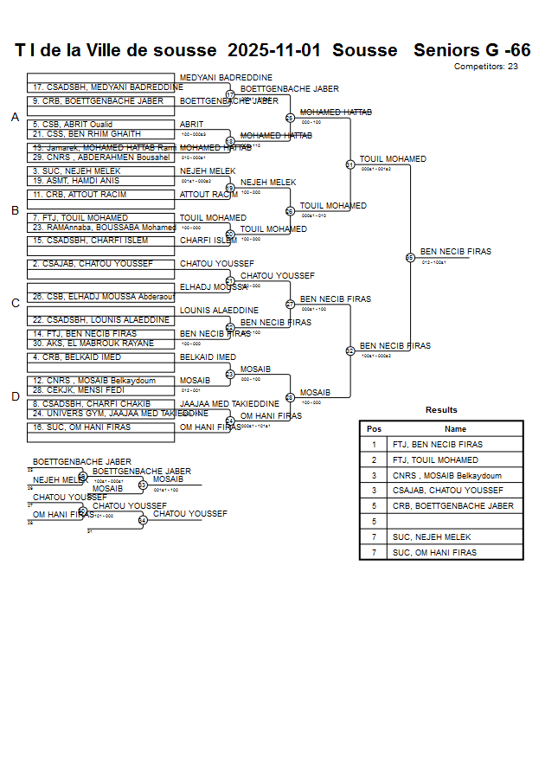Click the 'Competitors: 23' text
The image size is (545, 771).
[x=486, y=67]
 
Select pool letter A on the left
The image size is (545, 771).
[x=15, y=118]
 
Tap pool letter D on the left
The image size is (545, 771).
[x=15, y=397]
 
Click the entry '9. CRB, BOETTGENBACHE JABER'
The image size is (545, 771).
[x=98, y=101]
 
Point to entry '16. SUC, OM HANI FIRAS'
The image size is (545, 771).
[x=81, y=427]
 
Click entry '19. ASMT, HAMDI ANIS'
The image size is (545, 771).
[x=76, y=181]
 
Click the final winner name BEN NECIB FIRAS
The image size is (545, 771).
[x=455, y=252]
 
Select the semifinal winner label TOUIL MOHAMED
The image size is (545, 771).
[x=393, y=159]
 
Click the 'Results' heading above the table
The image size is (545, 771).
[x=441, y=410]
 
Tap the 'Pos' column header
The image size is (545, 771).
[x=374, y=429]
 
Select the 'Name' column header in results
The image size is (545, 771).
[x=455, y=429]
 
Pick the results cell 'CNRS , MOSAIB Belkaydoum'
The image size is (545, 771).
[x=446, y=476]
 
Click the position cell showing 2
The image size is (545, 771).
[x=374, y=460]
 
